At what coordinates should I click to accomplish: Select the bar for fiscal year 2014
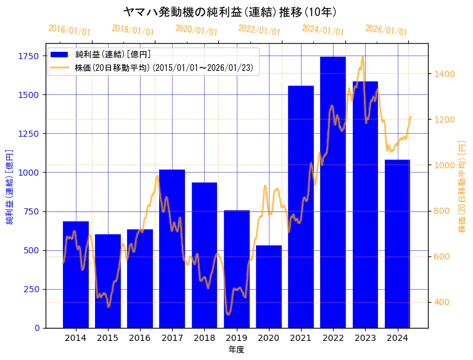pyautogui.click(x=76, y=274)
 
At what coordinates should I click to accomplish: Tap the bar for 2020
pyautogui.click(x=269, y=287)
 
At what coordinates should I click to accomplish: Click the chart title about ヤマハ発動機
pyautogui.click(x=230, y=12)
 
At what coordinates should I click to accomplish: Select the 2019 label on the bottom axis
pyautogui.click(x=237, y=338)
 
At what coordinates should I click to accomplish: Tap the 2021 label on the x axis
pyautogui.click(x=301, y=338)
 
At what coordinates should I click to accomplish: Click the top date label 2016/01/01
pyautogui.click(x=69, y=30)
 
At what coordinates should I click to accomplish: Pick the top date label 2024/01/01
pyautogui.click(x=323, y=30)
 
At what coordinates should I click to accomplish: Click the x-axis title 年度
pyautogui.click(x=236, y=350)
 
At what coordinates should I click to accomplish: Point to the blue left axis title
pyautogui.click(x=9, y=186)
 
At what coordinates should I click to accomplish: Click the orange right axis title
pyautogui.click(x=462, y=186)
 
